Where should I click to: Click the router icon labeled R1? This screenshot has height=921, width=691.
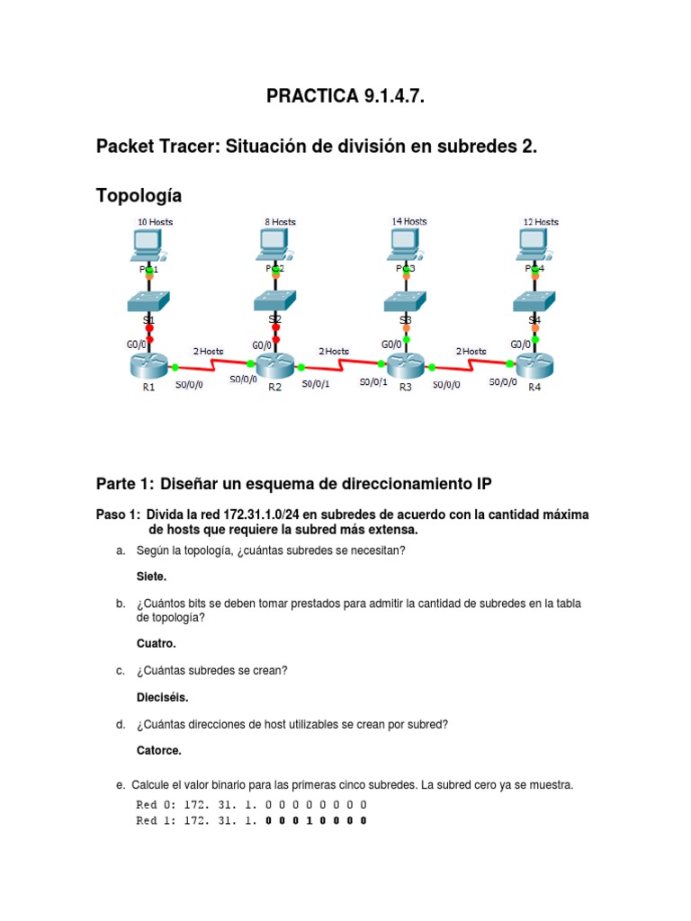148,365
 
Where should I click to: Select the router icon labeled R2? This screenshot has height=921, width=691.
276,365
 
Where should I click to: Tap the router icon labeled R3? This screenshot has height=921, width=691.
406,365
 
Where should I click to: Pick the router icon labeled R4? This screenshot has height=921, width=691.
534,365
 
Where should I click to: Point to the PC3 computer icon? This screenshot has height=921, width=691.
406,243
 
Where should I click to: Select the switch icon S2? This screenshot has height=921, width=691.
276,300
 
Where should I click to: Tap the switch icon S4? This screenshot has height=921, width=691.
534,300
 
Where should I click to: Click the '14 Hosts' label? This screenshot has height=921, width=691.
409,220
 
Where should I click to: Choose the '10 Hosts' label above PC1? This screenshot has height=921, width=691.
155,221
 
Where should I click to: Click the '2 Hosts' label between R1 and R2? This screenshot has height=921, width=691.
208,351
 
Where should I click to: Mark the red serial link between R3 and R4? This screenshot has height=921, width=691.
471,364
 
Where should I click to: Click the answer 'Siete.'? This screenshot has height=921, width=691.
151,577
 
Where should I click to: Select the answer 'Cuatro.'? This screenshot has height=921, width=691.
156,643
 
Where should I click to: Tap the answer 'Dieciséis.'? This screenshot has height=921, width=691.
162,697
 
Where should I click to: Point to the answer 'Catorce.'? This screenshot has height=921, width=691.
158,750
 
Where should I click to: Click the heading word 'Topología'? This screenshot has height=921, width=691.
139,195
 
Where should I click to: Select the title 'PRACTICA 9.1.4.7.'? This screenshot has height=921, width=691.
345,97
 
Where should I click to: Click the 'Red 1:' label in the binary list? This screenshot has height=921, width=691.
156,820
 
